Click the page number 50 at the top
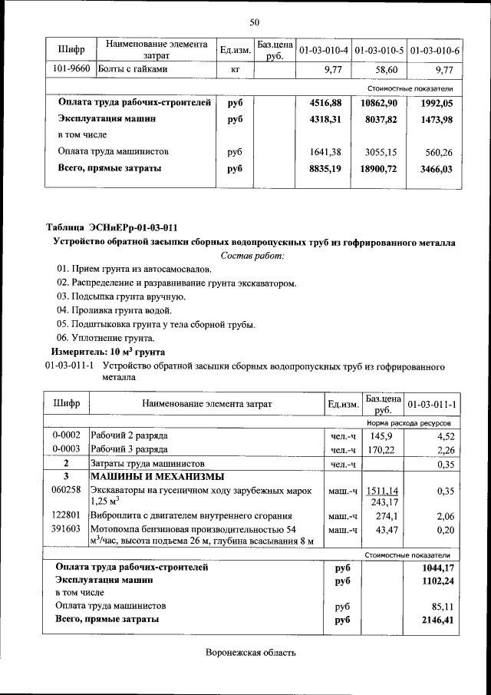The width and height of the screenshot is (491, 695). coord(254,22)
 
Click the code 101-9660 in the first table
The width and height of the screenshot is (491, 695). coord(71,70)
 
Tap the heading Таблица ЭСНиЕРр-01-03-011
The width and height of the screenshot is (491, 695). coord(111,227)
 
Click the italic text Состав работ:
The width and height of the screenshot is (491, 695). coord(252,255)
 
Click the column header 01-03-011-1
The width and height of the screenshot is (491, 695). coord(432,404)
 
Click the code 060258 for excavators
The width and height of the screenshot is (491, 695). coord(66,489)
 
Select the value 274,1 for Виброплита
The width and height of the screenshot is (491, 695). coord(384,516)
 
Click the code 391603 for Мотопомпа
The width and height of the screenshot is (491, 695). coord(66,530)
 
